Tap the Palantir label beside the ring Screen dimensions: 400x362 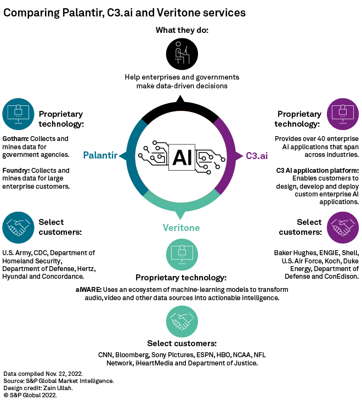(x=100, y=155)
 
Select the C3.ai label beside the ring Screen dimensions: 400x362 (x=257, y=155)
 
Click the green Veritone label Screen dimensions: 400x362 (x=181, y=227)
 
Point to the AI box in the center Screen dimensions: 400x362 (x=181, y=157)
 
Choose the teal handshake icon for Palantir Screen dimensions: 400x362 (x=18, y=227)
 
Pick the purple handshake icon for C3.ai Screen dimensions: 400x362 (x=343, y=227)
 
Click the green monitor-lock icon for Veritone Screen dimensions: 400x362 (x=181, y=255)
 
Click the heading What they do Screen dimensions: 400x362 (x=181, y=30)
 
